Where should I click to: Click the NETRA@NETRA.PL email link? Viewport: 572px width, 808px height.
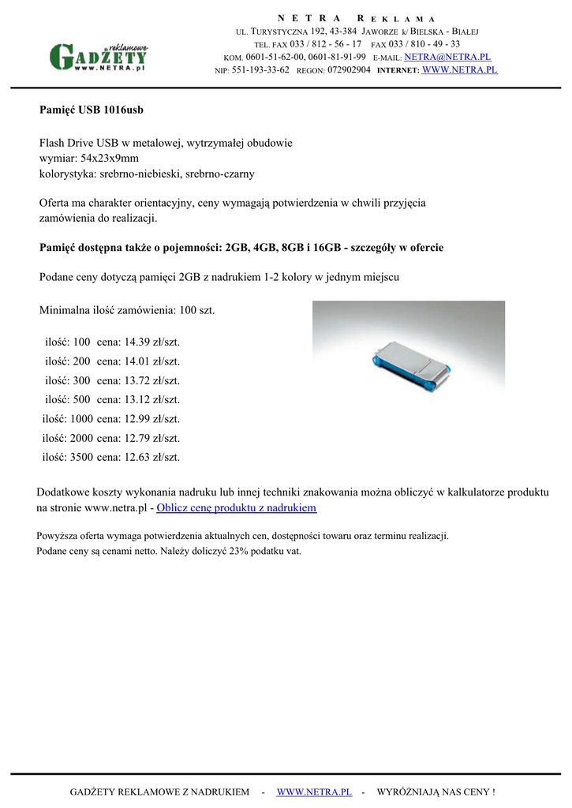click(x=447, y=57)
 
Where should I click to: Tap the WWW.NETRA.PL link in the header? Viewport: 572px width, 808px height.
click(x=460, y=69)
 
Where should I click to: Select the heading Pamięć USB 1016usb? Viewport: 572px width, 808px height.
click(x=92, y=109)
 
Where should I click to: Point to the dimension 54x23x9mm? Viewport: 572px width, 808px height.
click(x=110, y=158)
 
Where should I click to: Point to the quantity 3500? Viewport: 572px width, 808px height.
click(x=81, y=457)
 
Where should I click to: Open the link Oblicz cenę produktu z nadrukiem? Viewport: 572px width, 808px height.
click(x=237, y=507)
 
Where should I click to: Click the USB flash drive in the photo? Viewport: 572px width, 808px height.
click(x=409, y=368)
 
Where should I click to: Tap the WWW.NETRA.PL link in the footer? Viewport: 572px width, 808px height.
click(x=314, y=791)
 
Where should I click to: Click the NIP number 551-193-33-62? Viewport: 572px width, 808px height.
click(x=260, y=70)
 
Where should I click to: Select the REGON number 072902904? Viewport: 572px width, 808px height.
click(x=349, y=70)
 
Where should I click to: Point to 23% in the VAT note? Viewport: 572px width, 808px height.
click(x=240, y=552)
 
